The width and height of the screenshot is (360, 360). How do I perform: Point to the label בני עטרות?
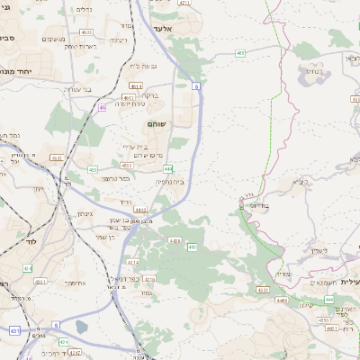click(75, 89)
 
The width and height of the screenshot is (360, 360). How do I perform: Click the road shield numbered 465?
click(240, 53)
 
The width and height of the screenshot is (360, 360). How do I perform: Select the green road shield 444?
click(168, 168)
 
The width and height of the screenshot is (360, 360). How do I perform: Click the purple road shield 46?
click(103, 107)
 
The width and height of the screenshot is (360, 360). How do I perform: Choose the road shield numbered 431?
click(14, 331)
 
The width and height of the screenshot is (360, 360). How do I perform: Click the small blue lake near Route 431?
click(83, 328)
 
